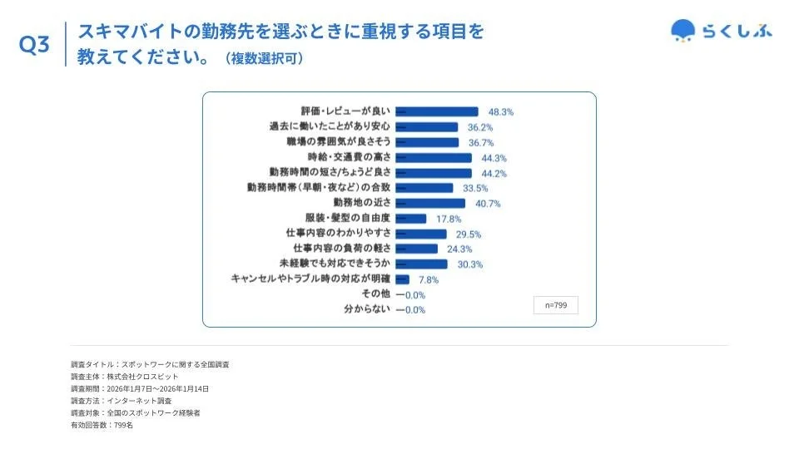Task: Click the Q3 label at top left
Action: (x=35, y=47)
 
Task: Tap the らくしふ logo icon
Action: (x=682, y=31)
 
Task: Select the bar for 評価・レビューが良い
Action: (x=437, y=111)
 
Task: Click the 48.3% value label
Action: (x=501, y=111)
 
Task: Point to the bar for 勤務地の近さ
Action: (x=430, y=203)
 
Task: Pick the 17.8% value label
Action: (x=449, y=219)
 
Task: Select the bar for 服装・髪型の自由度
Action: (x=411, y=219)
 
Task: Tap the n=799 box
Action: (x=555, y=305)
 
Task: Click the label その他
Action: (x=376, y=294)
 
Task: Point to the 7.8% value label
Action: (x=428, y=279)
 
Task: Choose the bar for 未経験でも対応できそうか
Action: (x=422, y=264)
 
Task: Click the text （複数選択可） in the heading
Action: (x=264, y=59)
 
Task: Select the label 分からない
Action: (x=367, y=309)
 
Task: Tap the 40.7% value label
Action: (x=488, y=203)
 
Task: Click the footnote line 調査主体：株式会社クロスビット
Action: (x=125, y=377)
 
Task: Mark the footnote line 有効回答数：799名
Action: (x=102, y=425)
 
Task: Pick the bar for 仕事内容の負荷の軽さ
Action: (x=417, y=249)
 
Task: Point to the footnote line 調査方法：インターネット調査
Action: (x=122, y=401)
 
